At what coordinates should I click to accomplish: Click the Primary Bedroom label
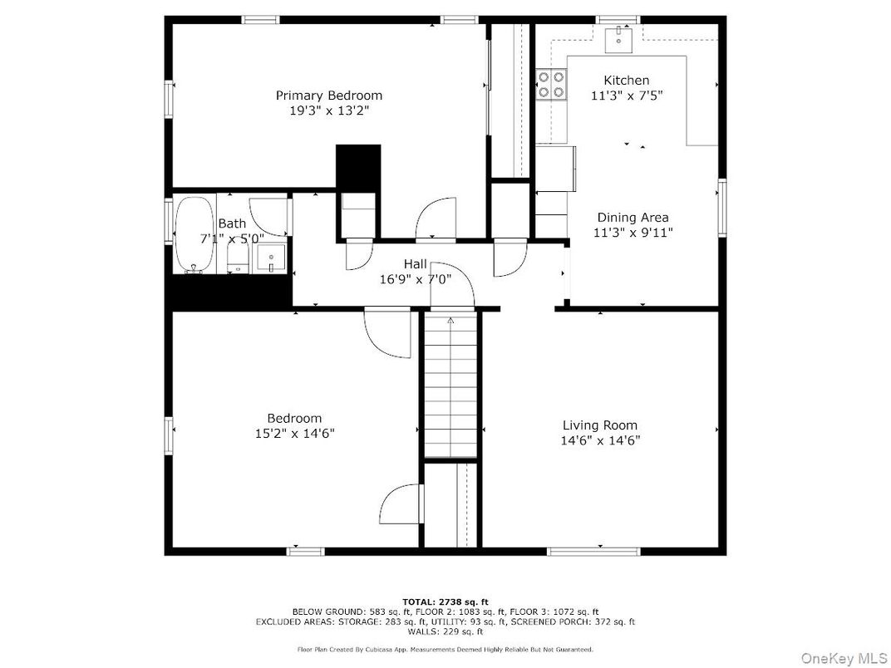329,96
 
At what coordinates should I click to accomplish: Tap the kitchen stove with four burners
550,84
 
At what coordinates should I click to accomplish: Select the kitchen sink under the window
619,36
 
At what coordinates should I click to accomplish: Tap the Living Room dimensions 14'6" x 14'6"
600,440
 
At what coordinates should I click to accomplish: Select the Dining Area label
633,218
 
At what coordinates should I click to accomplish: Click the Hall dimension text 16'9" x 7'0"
416,279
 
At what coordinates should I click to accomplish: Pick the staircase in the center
450,386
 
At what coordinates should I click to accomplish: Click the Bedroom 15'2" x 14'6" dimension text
294,433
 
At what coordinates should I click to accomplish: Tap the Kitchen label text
627,80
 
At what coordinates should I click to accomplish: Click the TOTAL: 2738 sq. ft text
445,601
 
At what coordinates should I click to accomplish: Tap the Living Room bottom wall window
593,550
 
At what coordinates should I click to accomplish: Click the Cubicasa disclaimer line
445,649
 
